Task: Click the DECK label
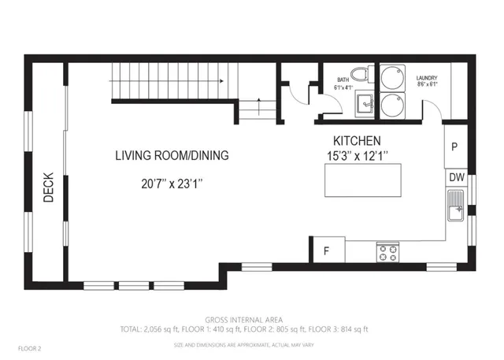[x=48, y=188]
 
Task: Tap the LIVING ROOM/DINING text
[x=172, y=156]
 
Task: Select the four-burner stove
[x=387, y=251]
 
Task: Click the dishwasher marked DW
[x=457, y=178]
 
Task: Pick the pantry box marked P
[x=455, y=146]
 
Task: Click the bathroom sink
[x=363, y=102]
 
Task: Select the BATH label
[x=343, y=79]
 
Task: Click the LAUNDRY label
[x=427, y=78]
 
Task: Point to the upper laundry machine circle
[x=391, y=79]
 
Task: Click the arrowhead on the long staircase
[x=224, y=80]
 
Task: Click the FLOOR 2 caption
[x=29, y=347]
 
